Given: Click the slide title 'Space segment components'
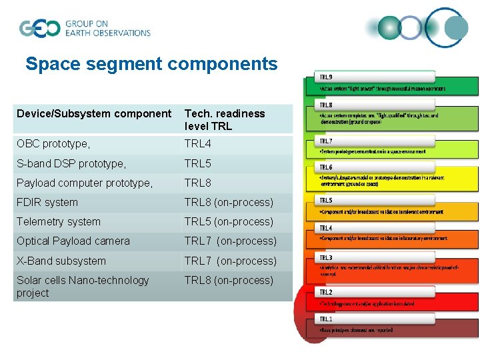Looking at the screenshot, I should coord(151,64).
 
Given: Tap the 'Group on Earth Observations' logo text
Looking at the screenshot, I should coord(107,28).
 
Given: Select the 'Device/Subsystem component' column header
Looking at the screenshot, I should coord(94,114).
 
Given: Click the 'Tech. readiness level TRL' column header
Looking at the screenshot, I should coord(224,120).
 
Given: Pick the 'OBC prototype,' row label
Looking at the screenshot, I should coord(53,144).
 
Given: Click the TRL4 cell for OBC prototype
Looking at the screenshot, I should coord(198,144).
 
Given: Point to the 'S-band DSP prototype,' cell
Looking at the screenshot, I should coord(70,163).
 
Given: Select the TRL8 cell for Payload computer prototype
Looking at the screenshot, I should coord(198,183).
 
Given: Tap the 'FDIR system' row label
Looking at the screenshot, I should coord(47,202).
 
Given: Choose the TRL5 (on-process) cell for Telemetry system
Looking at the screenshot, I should coord(229,221).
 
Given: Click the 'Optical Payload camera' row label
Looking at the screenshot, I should coord(73,241).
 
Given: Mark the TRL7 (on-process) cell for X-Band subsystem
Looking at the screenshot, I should coord(230,261).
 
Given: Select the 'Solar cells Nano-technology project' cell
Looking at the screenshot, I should coord(83,287).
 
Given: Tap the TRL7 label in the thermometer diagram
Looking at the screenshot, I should coord(327,141).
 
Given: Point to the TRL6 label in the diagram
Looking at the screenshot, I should coord(327,167).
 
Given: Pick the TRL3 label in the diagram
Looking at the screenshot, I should coord(327,257).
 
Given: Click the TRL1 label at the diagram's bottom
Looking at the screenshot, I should coord(327,319).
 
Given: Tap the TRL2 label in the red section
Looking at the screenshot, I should coord(327,292).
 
